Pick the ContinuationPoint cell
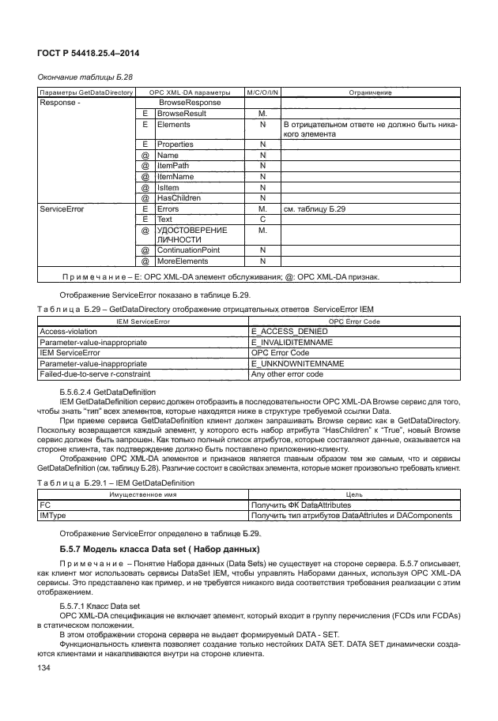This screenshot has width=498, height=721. coord(189,250)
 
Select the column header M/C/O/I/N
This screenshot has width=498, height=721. coord(262,93)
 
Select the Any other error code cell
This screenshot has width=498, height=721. coord(287,374)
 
